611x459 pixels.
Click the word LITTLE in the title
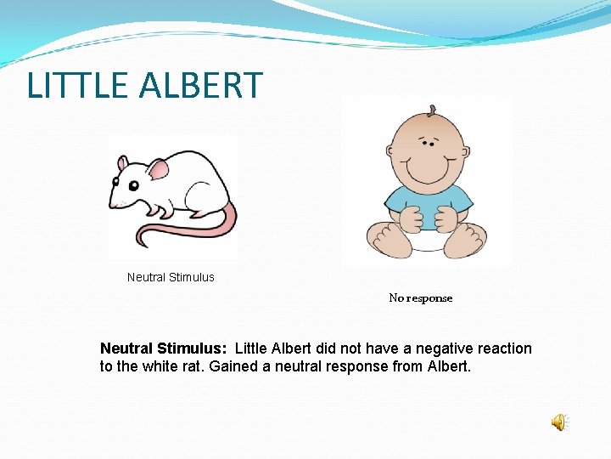point(75,86)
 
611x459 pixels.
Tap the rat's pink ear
point(159,169)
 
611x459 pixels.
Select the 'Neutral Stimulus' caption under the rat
point(171,277)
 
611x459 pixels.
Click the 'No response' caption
point(421,298)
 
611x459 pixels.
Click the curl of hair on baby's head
point(432,110)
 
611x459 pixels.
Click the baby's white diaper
point(426,244)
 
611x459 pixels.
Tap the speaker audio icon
point(559,422)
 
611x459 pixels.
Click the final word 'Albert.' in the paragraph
point(448,367)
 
